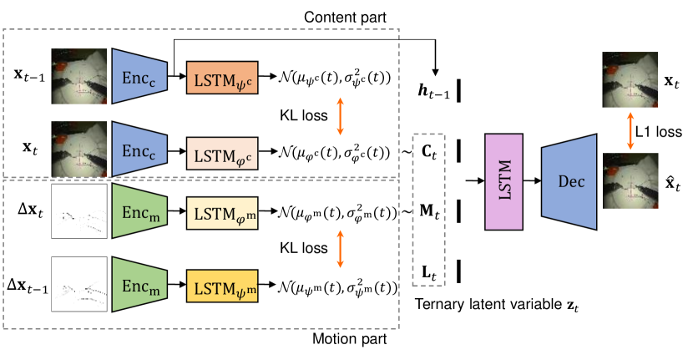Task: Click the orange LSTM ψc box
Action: [222, 78]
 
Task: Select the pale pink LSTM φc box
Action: [222, 153]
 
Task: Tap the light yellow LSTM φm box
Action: [222, 213]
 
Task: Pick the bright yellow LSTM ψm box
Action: [222, 286]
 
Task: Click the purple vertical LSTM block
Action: [503, 182]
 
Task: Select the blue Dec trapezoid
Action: [569, 182]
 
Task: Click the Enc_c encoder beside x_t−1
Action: [139, 76]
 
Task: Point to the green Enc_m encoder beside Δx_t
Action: [139, 211]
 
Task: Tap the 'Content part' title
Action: [345, 18]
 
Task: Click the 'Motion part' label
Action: [349, 339]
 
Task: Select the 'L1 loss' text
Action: [659, 132]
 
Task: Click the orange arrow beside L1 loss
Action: [630, 131]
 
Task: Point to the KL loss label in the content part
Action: [304, 115]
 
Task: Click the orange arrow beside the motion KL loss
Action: [340, 249]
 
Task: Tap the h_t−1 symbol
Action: [433, 91]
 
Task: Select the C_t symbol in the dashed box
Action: [428, 152]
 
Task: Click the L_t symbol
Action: [428, 271]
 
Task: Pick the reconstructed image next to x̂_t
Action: [630, 180]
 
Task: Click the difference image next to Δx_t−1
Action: [79, 284]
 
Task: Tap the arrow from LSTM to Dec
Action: [532, 181]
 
